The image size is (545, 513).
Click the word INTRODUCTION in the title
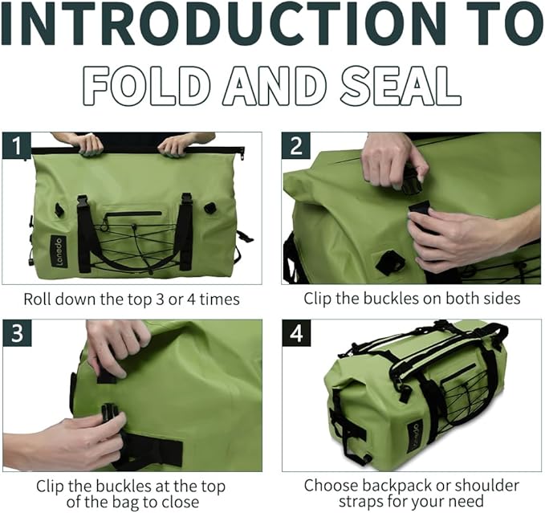coord(233,26)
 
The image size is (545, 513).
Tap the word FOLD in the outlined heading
coord(150,85)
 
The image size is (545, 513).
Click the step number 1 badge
coord(16,147)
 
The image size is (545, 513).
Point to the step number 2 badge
coord(295,147)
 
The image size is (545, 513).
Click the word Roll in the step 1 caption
coord(39,299)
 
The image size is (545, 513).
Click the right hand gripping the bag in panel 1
coord(177,145)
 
